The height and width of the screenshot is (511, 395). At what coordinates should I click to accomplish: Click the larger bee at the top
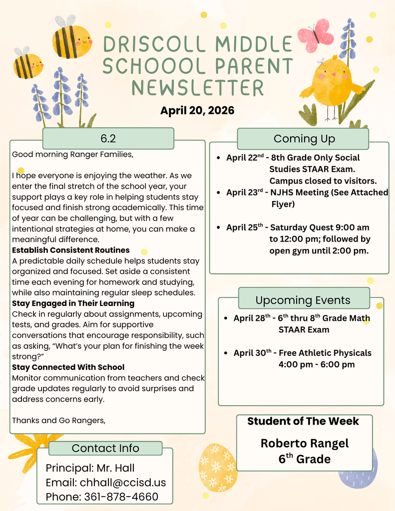pyautogui.click(x=71, y=39)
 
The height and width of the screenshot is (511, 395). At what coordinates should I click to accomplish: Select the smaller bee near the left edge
pyautogui.click(x=28, y=64)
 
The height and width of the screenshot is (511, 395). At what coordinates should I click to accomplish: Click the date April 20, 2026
pyautogui.click(x=197, y=110)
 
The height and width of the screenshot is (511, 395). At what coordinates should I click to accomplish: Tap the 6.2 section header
pyautogui.click(x=108, y=138)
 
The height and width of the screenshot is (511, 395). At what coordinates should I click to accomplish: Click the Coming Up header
pyautogui.click(x=304, y=139)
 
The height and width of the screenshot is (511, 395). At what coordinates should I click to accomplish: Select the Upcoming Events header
pyautogui.click(x=303, y=300)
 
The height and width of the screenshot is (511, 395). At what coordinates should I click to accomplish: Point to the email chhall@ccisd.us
pyautogui.click(x=106, y=483)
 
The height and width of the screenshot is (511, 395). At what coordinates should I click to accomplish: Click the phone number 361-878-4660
pyautogui.click(x=121, y=497)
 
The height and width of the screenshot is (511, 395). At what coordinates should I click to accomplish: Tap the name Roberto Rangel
pyautogui.click(x=305, y=443)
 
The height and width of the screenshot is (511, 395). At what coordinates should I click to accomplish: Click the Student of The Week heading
pyautogui.click(x=303, y=421)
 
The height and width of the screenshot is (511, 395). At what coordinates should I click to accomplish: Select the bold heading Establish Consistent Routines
pyautogui.click(x=71, y=250)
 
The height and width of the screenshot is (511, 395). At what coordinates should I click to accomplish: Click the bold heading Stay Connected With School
pyautogui.click(x=68, y=367)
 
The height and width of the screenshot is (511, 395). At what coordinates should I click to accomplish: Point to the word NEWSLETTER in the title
pyautogui.click(x=197, y=87)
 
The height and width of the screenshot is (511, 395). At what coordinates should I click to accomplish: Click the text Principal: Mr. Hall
pyautogui.click(x=90, y=468)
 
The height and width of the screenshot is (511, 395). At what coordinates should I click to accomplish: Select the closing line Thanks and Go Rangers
pyautogui.click(x=59, y=420)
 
